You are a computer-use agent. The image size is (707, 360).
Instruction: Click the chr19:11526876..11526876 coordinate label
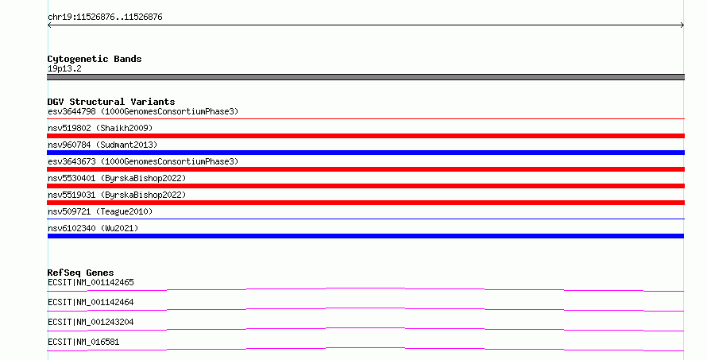(x=105, y=17)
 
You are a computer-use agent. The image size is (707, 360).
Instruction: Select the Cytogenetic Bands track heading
(x=95, y=59)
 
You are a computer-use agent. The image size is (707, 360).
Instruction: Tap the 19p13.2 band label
(x=64, y=68)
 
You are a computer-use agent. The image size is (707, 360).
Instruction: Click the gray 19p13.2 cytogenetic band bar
(x=365, y=77)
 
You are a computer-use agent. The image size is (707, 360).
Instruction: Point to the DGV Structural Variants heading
(x=111, y=102)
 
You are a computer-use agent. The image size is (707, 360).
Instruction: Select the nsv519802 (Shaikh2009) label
(x=100, y=128)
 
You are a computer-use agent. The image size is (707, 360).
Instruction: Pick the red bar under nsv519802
(x=365, y=136)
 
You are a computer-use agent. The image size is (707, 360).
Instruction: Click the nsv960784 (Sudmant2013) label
(x=102, y=145)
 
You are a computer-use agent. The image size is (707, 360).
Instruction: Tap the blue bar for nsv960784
(x=365, y=153)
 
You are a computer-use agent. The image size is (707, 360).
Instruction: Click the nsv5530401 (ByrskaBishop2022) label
(x=117, y=178)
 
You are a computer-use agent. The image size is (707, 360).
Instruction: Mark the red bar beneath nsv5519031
(x=365, y=203)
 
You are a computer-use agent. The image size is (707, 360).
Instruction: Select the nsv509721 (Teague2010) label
(x=100, y=211)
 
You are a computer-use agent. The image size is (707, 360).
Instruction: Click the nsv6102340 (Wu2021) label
(x=93, y=228)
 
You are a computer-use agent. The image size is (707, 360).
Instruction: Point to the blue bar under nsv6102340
(x=365, y=236)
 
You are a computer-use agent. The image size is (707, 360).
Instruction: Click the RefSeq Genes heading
(x=80, y=273)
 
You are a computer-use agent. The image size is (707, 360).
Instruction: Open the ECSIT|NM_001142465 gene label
(x=91, y=282)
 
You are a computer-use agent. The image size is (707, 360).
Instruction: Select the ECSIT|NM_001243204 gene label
(x=91, y=322)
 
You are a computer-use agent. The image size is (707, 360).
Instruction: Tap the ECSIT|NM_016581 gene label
(x=83, y=342)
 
